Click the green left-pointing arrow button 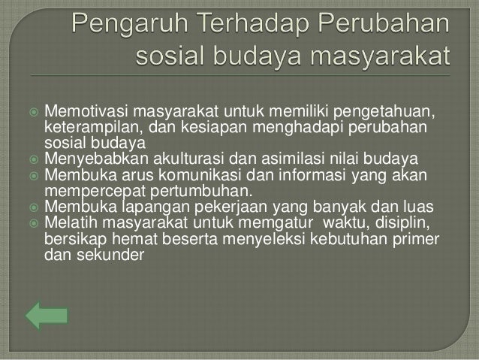click(47, 316)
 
